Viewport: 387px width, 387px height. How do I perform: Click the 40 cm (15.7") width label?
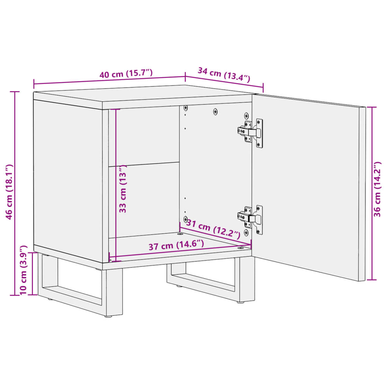coord(126,73)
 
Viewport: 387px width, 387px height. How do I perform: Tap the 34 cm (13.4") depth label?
coord(224,74)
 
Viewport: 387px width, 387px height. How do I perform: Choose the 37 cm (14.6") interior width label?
coord(176,246)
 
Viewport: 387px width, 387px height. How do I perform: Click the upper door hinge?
coord(251,132)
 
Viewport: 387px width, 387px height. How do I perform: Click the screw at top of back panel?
coord(215,111)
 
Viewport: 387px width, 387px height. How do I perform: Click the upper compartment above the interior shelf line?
coord(144,136)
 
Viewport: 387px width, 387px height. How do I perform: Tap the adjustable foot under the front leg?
coord(108,316)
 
